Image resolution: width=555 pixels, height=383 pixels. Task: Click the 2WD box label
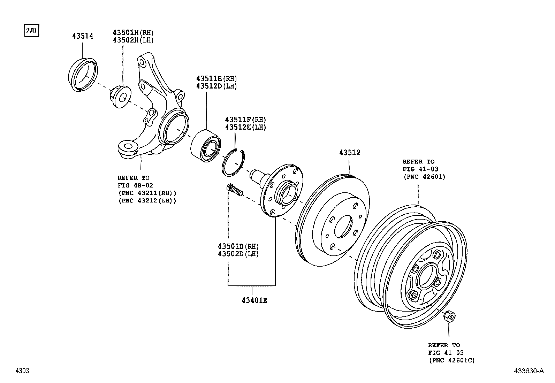pos(30,31)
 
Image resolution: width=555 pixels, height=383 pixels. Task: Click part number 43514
pos(83,36)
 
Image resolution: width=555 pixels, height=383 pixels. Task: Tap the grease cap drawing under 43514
pos(82,76)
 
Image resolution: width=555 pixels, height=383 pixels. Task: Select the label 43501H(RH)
pos(133,32)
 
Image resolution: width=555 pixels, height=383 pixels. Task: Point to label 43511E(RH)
pos(216,78)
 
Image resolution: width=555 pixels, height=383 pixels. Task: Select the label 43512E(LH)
pos(245,128)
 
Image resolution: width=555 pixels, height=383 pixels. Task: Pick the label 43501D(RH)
pos(238,246)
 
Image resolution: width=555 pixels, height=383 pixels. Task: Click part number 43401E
pos(254,300)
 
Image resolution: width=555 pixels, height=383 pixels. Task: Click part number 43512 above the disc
pos(349,153)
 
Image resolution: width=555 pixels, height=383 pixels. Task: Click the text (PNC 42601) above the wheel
pos(424,177)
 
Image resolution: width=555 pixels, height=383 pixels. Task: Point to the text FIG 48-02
pos(135,185)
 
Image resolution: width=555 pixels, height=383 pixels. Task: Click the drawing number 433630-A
pos(528,371)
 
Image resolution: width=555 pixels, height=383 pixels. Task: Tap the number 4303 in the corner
pos(22,371)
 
